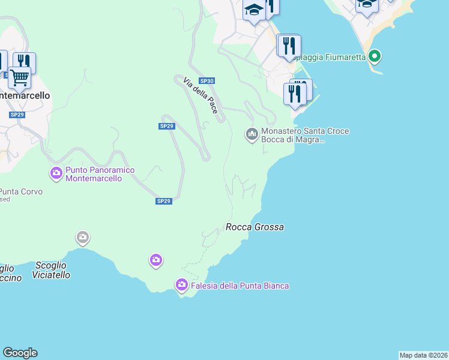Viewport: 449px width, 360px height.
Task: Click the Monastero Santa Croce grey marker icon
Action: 252,134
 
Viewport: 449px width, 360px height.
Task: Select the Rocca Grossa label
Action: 255,227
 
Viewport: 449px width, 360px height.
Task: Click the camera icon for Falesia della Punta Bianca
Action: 182,285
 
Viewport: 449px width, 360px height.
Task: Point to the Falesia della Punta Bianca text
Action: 240,286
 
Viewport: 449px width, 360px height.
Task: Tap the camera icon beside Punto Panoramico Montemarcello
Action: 56,174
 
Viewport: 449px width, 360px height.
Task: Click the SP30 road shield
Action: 206,81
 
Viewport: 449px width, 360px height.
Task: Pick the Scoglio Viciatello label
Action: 52,270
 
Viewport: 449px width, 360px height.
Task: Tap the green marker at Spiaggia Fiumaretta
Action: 375,57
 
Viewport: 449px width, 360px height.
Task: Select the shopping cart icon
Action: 19,77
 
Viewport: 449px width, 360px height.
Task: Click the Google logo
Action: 20,353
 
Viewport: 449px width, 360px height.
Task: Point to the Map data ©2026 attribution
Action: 424,355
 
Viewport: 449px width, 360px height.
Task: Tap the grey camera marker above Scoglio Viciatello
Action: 83,238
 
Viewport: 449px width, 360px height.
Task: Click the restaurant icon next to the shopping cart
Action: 24,61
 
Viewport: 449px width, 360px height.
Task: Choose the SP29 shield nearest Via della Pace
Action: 167,126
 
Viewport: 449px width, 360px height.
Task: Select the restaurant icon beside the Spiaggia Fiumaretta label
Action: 289,46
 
